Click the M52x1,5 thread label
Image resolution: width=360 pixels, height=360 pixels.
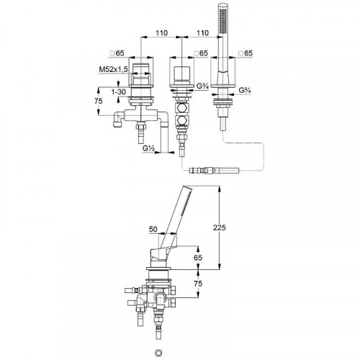(113, 69)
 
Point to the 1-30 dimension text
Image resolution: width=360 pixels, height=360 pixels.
(118, 91)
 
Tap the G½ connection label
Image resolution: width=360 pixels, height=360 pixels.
(148, 148)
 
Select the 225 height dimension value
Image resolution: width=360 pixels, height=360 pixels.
(220, 228)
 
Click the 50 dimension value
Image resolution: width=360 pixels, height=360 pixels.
(153, 229)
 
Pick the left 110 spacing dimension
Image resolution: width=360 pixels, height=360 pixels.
(161, 33)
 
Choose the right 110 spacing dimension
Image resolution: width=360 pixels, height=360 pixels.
(202, 33)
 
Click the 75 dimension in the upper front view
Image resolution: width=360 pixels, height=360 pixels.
(99, 101)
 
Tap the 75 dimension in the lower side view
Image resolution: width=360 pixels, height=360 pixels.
(198, 284)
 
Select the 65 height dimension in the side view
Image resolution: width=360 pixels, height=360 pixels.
(198, 258)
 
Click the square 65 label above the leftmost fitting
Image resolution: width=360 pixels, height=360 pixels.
(117, 53)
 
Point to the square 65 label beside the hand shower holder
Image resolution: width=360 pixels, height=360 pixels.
(246, 53)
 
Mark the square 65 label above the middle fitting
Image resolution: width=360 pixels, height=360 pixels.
(201, 53)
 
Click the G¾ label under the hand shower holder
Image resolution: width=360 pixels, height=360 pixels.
(245, 91)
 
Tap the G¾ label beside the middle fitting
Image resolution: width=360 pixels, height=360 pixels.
(202, 86)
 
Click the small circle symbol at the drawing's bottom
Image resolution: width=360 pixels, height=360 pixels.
(158, 352)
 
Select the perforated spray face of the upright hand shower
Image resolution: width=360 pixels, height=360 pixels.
(223, 20)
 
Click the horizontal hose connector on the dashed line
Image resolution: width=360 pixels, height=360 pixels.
(214, 171)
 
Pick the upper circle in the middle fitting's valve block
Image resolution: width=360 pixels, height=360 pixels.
(182, 108)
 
